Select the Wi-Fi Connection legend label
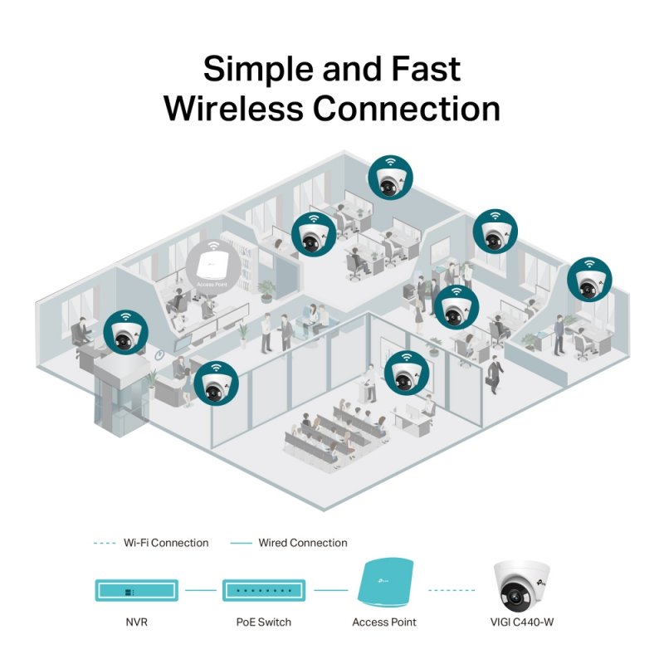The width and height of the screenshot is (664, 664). pos(165,543)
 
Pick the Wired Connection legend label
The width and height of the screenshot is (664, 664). pos(302,543)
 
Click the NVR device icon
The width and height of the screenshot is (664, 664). pos(136,591)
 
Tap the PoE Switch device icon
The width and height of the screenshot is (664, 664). pos(263,591)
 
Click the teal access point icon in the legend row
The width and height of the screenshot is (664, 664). pos(385,585)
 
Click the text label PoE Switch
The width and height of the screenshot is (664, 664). pos(263,622)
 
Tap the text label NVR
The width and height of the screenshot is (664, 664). pos(136,622)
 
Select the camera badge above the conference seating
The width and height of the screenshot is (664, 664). pos(407,373)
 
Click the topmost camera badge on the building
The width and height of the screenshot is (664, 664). pos(389,178)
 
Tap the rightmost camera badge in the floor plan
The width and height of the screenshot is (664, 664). pos(588,280)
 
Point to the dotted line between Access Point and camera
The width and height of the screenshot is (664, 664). pos(455,591)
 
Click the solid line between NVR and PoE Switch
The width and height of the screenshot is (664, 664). pos(200,591)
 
